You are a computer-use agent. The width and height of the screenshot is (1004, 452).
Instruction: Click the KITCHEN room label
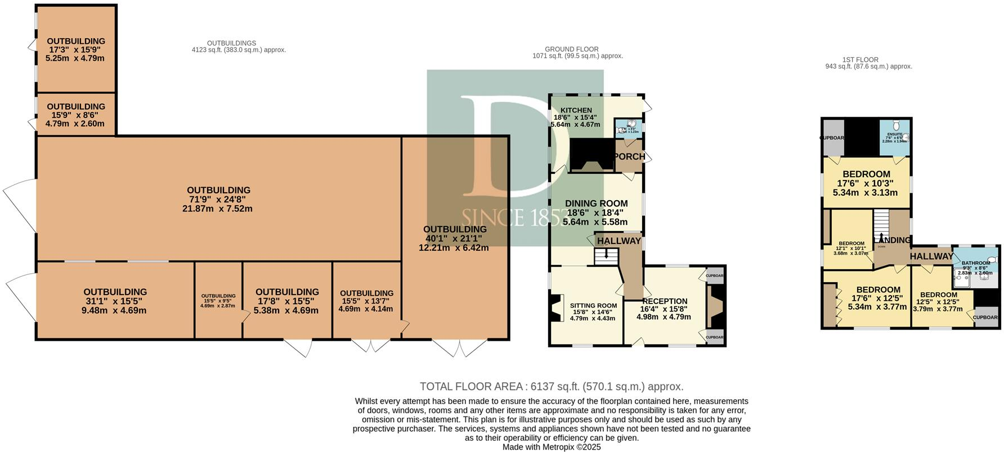[x=576, y=110]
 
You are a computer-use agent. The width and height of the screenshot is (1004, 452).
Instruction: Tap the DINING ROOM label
[x=596, y=204]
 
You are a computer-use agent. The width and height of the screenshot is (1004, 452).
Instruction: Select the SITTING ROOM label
[x=593, y=305]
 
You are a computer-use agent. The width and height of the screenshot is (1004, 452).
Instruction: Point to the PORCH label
[x=629, y=156]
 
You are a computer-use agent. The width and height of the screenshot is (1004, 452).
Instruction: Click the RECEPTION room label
[x=665, y=301]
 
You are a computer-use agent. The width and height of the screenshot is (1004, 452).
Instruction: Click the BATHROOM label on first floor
[x=975, y=263]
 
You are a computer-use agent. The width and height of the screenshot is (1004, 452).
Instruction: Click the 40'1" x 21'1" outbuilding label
[x=454, y=238]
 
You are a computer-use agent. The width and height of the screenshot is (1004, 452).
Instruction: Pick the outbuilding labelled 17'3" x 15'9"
[x=75, y=49]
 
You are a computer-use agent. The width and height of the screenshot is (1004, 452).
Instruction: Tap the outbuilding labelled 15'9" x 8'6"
[x=75, y=115]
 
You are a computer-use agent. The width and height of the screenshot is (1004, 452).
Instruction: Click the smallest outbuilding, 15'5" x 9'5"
[x=218, y=301]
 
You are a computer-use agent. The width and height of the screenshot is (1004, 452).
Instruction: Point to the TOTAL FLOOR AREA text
[x=551, y=387]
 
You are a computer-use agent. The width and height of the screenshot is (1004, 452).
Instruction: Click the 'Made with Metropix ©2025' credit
[x=551, y=448]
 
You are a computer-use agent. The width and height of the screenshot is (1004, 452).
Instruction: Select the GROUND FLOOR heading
[x=571, y=49]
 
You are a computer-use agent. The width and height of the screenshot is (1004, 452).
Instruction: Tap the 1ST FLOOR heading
[x=860, y=60]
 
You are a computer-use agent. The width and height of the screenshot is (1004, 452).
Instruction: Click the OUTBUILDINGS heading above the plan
[x=231, y=43]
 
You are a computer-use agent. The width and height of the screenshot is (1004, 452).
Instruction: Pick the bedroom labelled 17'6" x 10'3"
[x=866, y=183]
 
